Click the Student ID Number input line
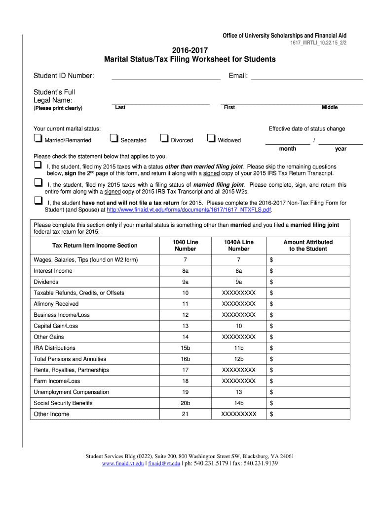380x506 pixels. [166, 76]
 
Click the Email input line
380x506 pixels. [307, 76]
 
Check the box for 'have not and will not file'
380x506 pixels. [38, 201]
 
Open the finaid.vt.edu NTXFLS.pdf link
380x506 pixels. [189, 210]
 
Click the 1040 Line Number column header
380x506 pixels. [185, 246]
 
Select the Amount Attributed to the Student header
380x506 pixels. [308, 246]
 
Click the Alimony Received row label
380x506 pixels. [56, 304]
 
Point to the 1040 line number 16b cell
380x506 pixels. [185, 359]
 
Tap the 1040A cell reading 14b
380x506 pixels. [239, 403]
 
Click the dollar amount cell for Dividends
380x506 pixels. [308, 282]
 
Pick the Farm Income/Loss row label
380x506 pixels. [57, 381]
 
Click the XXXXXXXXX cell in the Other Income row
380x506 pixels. [239, 414]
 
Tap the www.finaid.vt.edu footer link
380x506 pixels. [123, 464]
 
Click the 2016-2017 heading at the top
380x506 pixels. [190, 50]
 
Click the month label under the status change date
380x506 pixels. [288, 149]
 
